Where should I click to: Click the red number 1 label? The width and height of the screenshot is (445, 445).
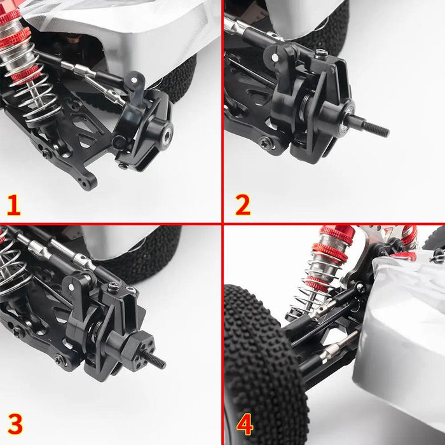coord(13,205)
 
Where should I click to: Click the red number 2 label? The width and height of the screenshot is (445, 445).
coord(243,205)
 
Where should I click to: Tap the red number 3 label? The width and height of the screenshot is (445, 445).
coord(15,424)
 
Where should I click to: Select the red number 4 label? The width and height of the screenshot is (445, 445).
coord(245,424)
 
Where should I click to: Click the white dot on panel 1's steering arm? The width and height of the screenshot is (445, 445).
coord(133,80)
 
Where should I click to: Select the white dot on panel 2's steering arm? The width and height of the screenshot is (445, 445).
coord(275,58)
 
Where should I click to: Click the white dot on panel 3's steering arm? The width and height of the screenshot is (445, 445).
coord(71,287)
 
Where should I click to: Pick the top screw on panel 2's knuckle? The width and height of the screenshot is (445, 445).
coord(320,53)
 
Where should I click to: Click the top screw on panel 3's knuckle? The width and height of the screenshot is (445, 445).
coord(114,287)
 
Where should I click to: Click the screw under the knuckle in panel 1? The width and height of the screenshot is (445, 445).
coord(123,166)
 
